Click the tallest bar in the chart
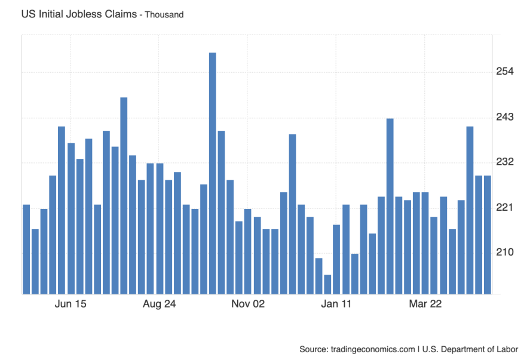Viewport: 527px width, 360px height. [212, 173]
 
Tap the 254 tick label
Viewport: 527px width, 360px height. [505, 72]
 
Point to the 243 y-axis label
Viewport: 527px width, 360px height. [505, 117]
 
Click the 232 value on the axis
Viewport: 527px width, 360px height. [505, 162]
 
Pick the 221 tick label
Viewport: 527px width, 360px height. [505, 207]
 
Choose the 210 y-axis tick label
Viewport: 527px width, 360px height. [505, 253]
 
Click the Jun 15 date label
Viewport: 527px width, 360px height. [71, 304]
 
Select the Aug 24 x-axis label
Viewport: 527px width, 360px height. [159, 304]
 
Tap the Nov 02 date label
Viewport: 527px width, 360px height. [248, 304]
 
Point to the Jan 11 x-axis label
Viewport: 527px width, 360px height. [336, 304]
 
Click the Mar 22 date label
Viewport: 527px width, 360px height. [425, 304]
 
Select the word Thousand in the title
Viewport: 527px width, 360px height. [164, 14]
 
